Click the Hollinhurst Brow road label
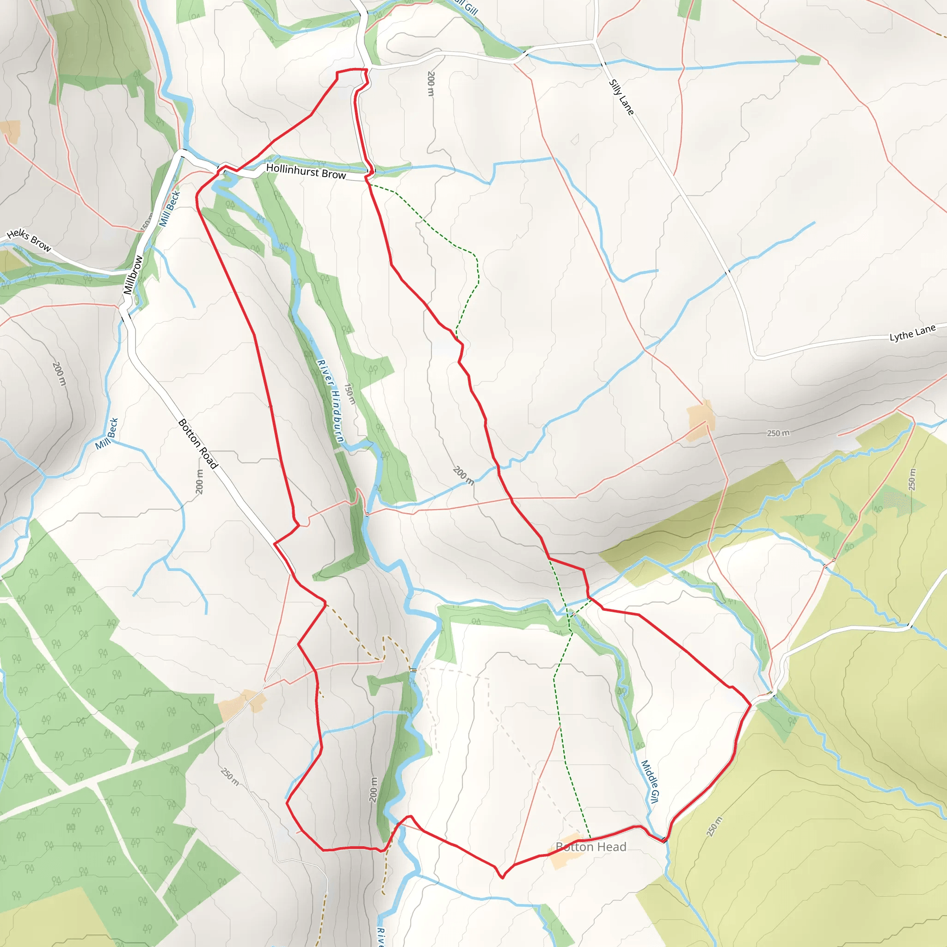tap(306, 171)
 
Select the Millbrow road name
tap(133, 275)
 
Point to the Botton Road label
tap(197, 443)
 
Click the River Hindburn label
tap(330, 400)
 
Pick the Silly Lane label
tap(621, 97)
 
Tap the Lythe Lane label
tap(912, 333)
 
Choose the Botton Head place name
tap(590, 847)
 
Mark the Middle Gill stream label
tap(650, 781)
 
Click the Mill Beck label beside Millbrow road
tap(170, 209)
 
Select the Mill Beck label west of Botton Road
tap(107, 434)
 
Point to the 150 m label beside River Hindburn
tap(349, 394)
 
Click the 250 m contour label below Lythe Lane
tap(778, 433)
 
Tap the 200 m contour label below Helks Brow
tap(59, 374)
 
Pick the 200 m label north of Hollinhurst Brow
tap(430, 84)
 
